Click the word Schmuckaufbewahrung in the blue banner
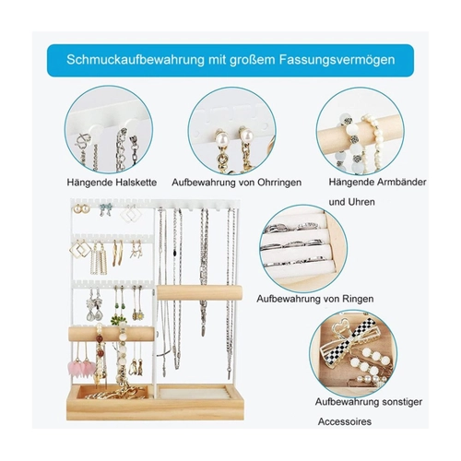pos(136,60)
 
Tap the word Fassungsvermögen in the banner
pos(337,60)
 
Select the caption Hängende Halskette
pos(112,183)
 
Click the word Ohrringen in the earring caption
pos(279,183)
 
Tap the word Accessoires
pos(345,421)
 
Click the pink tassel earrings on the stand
pos(81,366)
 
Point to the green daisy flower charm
pos(119,320)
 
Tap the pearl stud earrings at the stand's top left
pos(81,209)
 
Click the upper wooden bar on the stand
pos(199,292)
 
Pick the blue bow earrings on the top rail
pos(105,209)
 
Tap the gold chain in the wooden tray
pos(117,394)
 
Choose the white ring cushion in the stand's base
pos(194,394)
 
